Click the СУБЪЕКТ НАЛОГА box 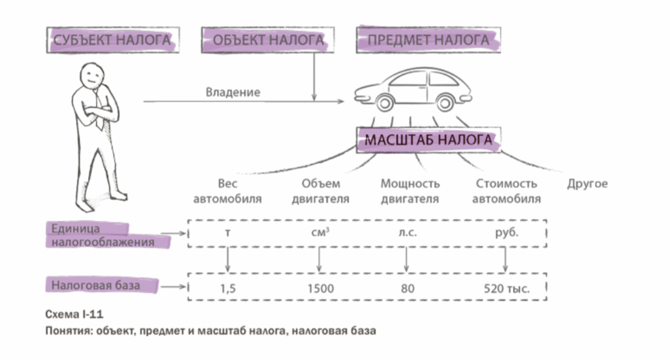pos(112,40)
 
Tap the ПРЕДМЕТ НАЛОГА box pos(428,40)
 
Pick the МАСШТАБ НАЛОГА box pos(428,140)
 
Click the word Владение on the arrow pos(233,92)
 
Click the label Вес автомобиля pos(227,191)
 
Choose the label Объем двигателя pos(321,191)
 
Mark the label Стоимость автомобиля pos(506,191)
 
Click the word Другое pos(587,184)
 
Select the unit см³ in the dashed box pos(320,233)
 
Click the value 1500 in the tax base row pos(320,288)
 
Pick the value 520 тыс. pos(506,288)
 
